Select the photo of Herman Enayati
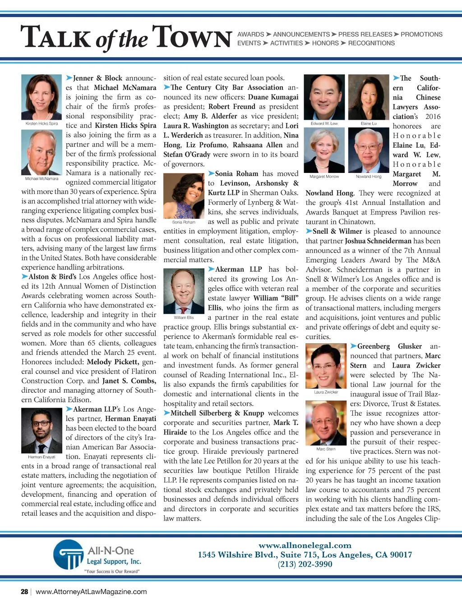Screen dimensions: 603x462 [x=42, y=431]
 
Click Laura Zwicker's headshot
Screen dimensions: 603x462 [x=326, y=366]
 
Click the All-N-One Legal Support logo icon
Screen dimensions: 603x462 [x=68, y=554]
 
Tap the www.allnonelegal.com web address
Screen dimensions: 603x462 [x=305, y=545]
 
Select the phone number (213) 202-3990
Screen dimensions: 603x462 [x=305, y=564]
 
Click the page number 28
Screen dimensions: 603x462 [x=24, y=592]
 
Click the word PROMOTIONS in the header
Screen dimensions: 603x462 [x=421, y=34]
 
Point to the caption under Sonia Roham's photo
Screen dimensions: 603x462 [x=184, y=222]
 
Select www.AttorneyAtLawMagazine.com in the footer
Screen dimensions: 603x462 [x=91, y=592]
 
